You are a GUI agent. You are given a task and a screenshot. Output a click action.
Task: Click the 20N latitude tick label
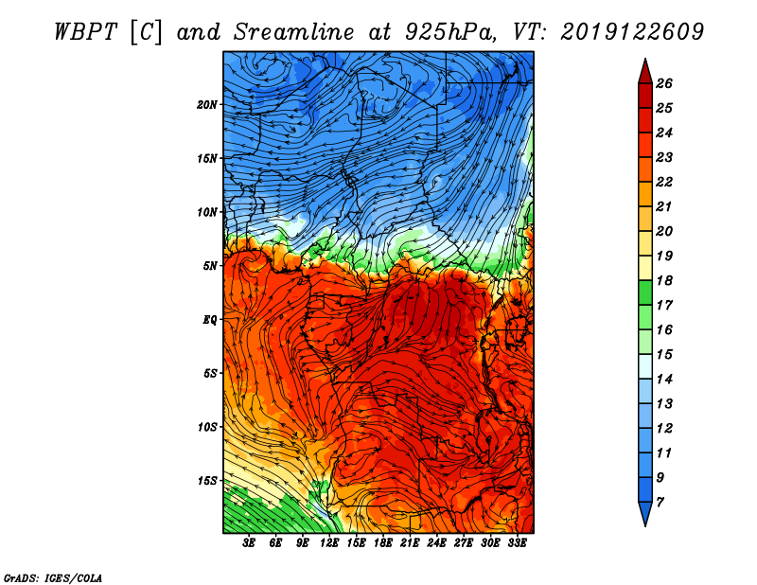click(206, 105)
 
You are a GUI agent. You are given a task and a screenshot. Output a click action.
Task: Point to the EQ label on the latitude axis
click(210, 320)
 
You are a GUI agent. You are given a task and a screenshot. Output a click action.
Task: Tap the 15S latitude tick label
click(206, 481)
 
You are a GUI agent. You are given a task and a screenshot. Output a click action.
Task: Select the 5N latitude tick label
click(210, 266)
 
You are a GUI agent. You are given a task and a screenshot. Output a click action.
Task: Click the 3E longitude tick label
click(249, 543)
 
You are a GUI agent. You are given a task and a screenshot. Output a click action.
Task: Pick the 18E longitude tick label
click(383, 543)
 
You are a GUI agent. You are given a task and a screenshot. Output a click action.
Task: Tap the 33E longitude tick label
click(517, 543)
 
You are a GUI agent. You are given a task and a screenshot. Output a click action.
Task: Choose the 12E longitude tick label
click(329, 543)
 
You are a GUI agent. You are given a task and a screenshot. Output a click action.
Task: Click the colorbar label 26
click(664, 83)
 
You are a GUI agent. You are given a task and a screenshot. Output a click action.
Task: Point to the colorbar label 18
click(664, 280)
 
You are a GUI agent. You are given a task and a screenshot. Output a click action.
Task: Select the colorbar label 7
click(660, 503)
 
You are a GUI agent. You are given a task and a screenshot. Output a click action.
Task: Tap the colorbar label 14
click(664, 380)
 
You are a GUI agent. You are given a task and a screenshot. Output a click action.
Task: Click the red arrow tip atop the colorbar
click(645, 59)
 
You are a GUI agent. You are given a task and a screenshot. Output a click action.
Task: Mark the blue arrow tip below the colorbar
click(645, 525)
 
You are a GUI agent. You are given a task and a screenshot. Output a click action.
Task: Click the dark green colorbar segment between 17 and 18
click(645, 292)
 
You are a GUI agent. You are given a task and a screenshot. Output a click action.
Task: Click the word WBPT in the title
click(85, 32)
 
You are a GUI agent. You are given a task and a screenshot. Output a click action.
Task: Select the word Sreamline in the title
click(294, 32)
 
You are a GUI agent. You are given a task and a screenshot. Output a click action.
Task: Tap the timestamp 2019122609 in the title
click(632, 32)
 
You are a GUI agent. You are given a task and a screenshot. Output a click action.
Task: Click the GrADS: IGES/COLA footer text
click(53, 578)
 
